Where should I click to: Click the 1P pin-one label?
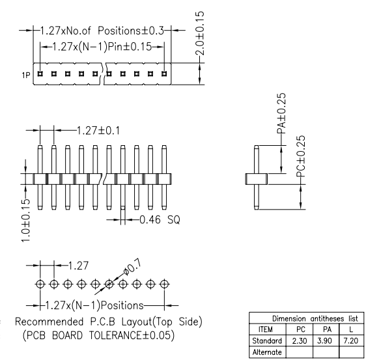pos(26,75)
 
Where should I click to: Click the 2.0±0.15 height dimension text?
pos(200,33)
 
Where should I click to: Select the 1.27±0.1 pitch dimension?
pos(98,130)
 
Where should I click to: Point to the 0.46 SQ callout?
pos(160,220)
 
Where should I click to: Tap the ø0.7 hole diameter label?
pos(132,268)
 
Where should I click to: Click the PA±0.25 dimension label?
pos(281,113)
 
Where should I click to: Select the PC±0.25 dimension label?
pos(301,156)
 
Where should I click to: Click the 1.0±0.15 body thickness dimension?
pos(25,221)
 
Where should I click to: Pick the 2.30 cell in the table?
pos(300,341)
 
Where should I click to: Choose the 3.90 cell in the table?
pos(325,341)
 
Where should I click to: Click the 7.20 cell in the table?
pos(351,341)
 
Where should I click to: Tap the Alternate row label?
pos(267,352)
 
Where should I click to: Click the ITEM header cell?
pos(266,329)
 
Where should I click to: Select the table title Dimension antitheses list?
pos(315,318)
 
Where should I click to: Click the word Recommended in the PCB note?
pos(49,322)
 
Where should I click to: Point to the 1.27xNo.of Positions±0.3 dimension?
pos(102,31)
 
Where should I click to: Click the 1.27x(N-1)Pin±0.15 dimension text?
pos(102,47)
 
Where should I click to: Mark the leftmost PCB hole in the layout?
pos(40,284)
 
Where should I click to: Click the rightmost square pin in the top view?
pos(164,74)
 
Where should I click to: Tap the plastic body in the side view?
pos(257,179)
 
